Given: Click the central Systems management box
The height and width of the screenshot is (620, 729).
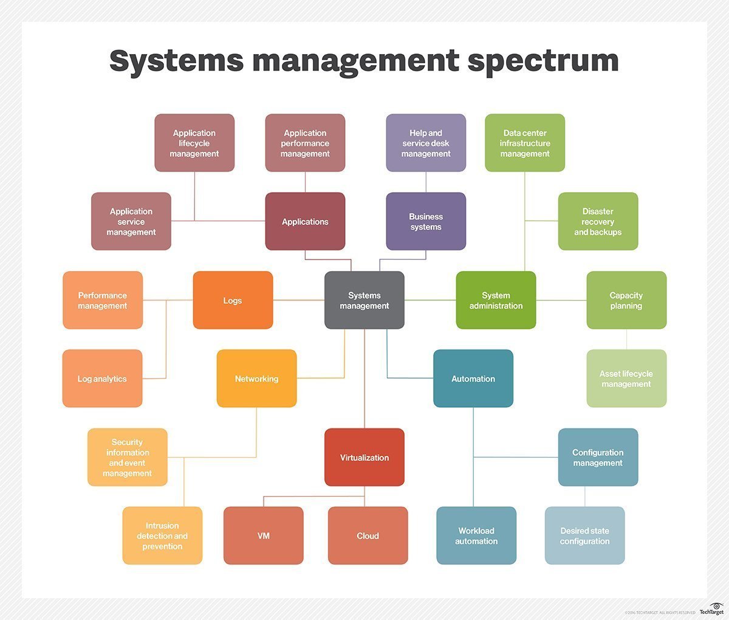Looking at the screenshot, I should tap(364, 300).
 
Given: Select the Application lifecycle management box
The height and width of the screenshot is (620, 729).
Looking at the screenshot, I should tap(194, 143).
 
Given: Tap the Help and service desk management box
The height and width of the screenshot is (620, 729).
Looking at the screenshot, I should tap(425, 143).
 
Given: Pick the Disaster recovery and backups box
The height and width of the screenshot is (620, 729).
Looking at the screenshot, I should tap(598, 221).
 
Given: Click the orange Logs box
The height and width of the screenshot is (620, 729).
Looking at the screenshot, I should tap(233, 300).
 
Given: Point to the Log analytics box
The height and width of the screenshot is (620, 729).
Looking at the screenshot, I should tap(102, 379).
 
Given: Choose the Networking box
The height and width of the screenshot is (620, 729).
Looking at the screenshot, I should tap(256, 379).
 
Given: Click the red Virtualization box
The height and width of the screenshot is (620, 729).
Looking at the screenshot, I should tap(364, 457).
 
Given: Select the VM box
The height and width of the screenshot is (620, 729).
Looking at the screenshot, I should tap(263, 536).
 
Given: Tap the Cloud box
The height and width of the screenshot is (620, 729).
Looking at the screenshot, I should tap(368, 536).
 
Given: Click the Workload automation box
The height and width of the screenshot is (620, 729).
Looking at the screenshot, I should tap(476, 536).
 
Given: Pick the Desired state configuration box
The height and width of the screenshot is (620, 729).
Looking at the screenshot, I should tap(584, 536).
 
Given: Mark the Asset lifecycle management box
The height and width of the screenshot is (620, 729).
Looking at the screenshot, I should tap(626, 379).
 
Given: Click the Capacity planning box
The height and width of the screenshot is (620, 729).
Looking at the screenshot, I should tap(626, 300).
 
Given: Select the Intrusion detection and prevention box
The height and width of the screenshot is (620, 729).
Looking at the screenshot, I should tap(162, 536).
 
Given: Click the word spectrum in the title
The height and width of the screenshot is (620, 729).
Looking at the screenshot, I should tap(542, 61).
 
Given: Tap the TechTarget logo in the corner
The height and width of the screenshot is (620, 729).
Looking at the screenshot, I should tap(711, 610).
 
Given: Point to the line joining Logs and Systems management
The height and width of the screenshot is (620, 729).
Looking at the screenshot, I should tap(298, 300).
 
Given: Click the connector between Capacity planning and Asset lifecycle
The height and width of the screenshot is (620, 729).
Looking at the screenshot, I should tap(626, 339).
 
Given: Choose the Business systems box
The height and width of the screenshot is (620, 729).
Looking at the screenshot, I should tap(425, 221).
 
